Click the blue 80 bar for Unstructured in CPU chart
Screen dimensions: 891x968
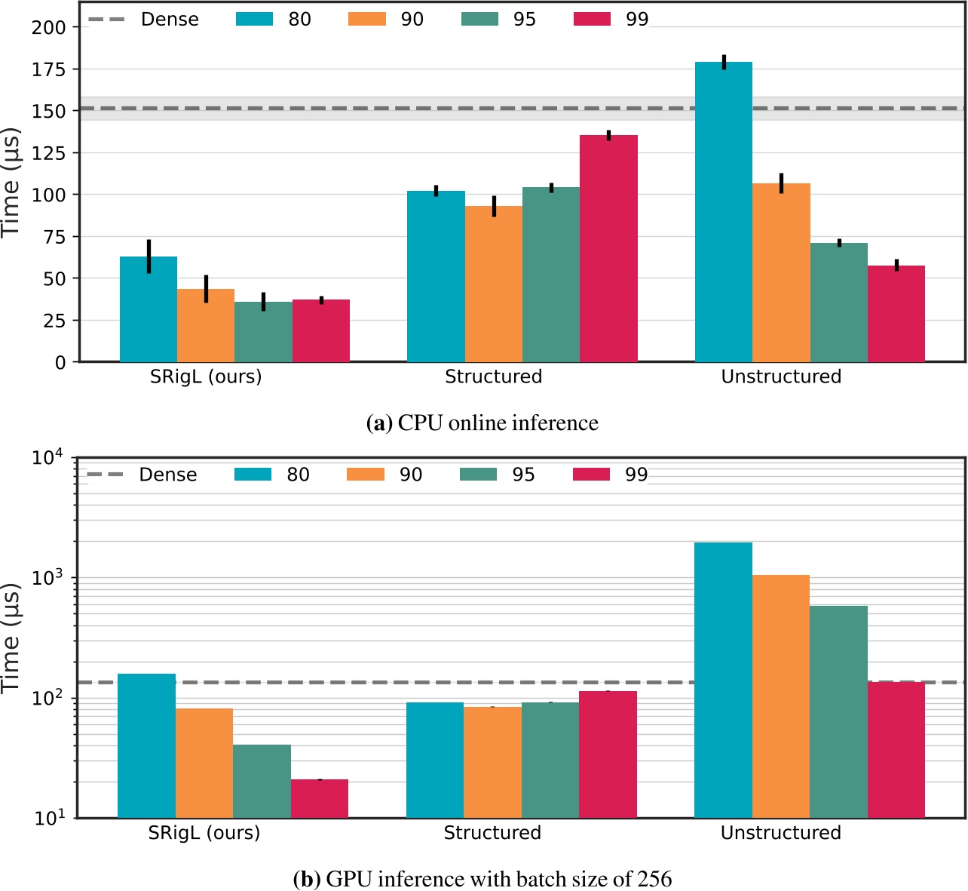[x=723, y=211]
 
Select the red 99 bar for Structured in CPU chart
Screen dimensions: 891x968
[x=608, y=249]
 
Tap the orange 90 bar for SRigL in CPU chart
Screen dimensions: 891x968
[x=206, y=326]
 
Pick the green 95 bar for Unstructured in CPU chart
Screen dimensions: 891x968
[x=839, y=302]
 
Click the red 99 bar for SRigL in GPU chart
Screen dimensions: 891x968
[x=320, y=798]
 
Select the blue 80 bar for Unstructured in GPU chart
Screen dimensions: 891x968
[x=723, y=679]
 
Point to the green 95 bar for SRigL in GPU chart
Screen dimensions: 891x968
[x=262, y=781]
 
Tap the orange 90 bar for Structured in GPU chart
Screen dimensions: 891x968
[x=492, y=762]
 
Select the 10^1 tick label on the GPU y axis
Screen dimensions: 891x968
[x=51, y=818]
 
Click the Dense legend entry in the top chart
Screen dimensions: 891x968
[x=169, y=19]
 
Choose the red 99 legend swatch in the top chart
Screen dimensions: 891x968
[x=592, y=19]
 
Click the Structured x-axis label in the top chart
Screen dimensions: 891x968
[x=493, y=376]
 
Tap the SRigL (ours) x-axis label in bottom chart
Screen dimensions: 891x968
[x=204, y=833]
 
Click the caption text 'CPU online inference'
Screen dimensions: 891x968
[x=498, y=423]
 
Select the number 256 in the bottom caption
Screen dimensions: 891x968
[x=654, y=879]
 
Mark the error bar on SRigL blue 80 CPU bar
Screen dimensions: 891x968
[x=149, y=257]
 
